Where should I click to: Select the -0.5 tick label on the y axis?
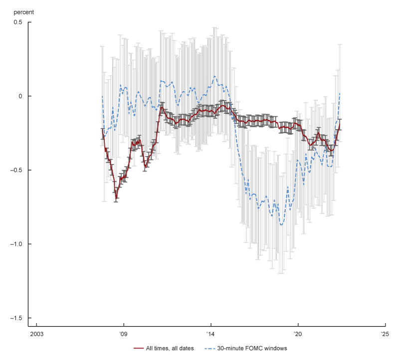coord(17,170)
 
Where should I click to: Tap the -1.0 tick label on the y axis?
coord(17,244)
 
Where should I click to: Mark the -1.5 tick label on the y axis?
coord(17,318)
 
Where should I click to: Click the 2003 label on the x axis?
coord(36,334)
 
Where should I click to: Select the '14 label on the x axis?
coord(210,334)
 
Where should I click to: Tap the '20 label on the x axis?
coord(298,334)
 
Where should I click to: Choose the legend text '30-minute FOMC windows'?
coord(252,348)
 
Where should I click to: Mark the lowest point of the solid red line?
coord(116,198)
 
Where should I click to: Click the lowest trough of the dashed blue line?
coord(282,225)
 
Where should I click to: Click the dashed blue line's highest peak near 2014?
coord(214,76)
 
